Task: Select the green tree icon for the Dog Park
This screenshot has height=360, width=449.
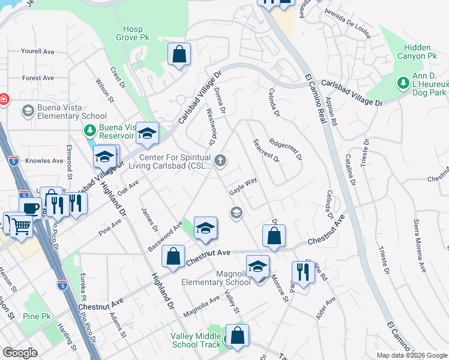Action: [x=401, y=81]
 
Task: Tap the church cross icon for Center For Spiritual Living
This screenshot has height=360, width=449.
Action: [x=221, y=160]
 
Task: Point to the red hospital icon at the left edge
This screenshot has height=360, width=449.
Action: [x=3, y=98]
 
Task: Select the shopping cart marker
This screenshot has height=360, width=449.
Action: [x=21, y=226]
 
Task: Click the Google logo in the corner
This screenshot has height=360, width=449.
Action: [x=20, y=353]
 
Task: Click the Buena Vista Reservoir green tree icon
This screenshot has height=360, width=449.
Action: [x=90, y=130]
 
